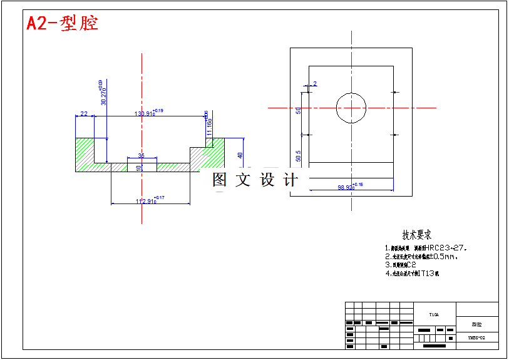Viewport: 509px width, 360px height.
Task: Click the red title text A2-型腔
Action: (x=62, y=24)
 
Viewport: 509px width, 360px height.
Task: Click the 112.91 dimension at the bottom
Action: (x=147, y=201)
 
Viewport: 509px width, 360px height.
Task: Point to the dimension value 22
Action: (x=83, y=114)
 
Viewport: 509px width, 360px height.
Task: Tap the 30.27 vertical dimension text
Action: (x=103, y=95)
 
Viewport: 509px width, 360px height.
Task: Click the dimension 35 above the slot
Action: (x=141, y=155)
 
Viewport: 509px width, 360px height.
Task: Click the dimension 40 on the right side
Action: (x=239, y=155)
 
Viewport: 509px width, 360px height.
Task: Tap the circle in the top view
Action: (x=351, y=108)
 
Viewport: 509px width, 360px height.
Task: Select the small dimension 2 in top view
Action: (x=314, y=83)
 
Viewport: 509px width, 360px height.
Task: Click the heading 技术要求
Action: (x=416, y=235)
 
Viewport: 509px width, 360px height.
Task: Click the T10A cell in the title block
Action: (x=434, y=315)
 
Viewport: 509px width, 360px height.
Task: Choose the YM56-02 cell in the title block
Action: (x=476, y=338)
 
